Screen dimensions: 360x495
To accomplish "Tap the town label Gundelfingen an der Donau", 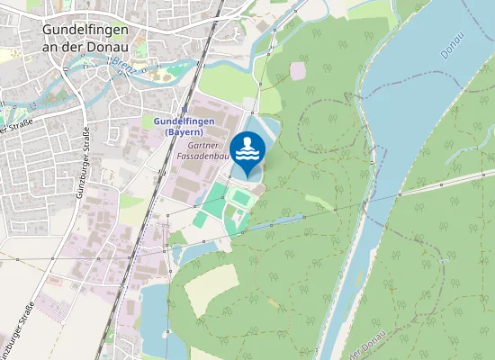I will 85,38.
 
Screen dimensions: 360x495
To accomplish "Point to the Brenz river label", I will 123,64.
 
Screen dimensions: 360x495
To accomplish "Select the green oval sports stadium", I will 240,195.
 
